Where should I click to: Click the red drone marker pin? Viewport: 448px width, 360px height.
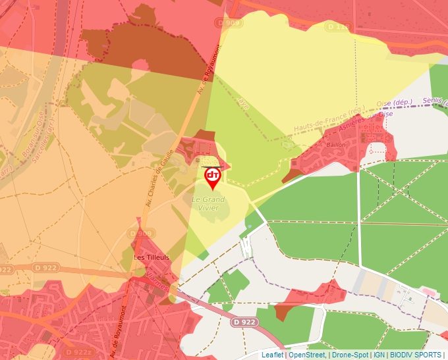212,177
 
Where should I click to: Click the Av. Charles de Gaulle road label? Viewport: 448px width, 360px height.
158,178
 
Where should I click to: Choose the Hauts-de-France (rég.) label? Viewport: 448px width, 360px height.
329,118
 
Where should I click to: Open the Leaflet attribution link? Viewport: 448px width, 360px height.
272,355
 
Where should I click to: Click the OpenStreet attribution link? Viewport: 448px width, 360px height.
306,355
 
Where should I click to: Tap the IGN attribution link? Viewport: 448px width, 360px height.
379,355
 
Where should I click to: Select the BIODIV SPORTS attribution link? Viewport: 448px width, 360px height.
416,355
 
